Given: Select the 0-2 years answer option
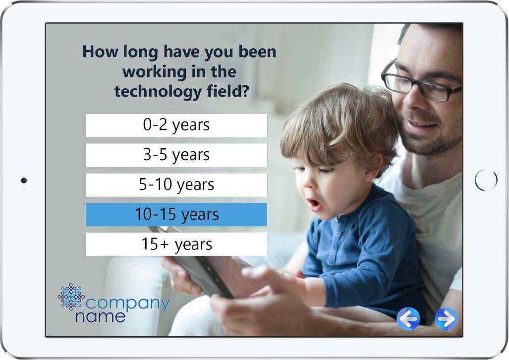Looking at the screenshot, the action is [x=176, y=125].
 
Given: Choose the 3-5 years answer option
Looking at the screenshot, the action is [x=176, y=155].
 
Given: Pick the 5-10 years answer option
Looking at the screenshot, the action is [x=176, y=185].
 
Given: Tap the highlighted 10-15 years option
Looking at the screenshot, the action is [x=176, y=214].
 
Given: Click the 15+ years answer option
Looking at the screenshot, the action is [x=176, y=244].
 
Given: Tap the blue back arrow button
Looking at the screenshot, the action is [x=408, y=319].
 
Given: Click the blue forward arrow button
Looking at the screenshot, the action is [x=446, y=319].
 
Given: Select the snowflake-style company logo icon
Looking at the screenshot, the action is [x=71, y=297].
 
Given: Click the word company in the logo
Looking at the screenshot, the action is [x=127, y=304].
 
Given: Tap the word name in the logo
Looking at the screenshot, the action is [x=100, y=317].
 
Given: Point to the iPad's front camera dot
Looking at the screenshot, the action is [x=24, y=180].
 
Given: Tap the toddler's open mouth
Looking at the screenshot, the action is [x=314, y=204].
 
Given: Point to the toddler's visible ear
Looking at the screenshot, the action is [x=377, y=166].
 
